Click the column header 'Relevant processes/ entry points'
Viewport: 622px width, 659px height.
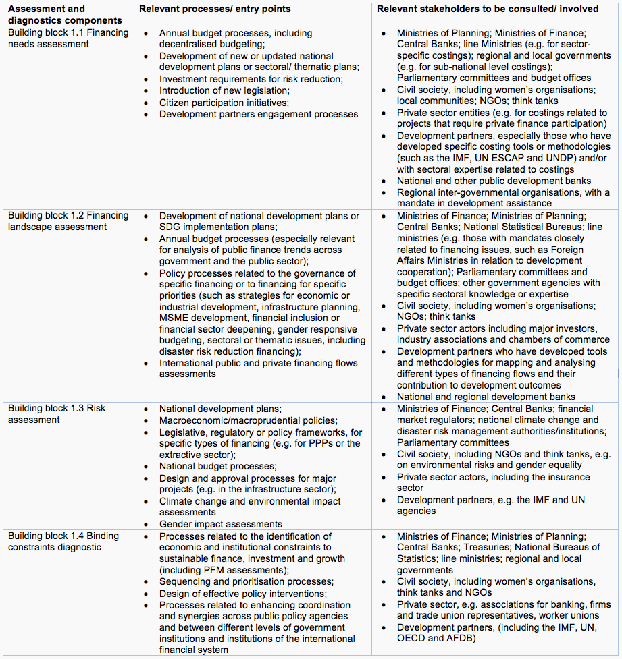click(215, 9)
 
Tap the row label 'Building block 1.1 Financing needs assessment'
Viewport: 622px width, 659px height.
click(68, 38)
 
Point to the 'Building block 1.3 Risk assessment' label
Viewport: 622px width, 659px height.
click(57, 414)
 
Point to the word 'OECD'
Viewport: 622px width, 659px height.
click(412, 639)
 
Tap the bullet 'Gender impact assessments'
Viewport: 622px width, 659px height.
click(221, 524)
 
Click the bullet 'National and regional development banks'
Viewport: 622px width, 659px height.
click(486, 397)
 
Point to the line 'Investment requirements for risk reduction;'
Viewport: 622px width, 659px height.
click(251, 79)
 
